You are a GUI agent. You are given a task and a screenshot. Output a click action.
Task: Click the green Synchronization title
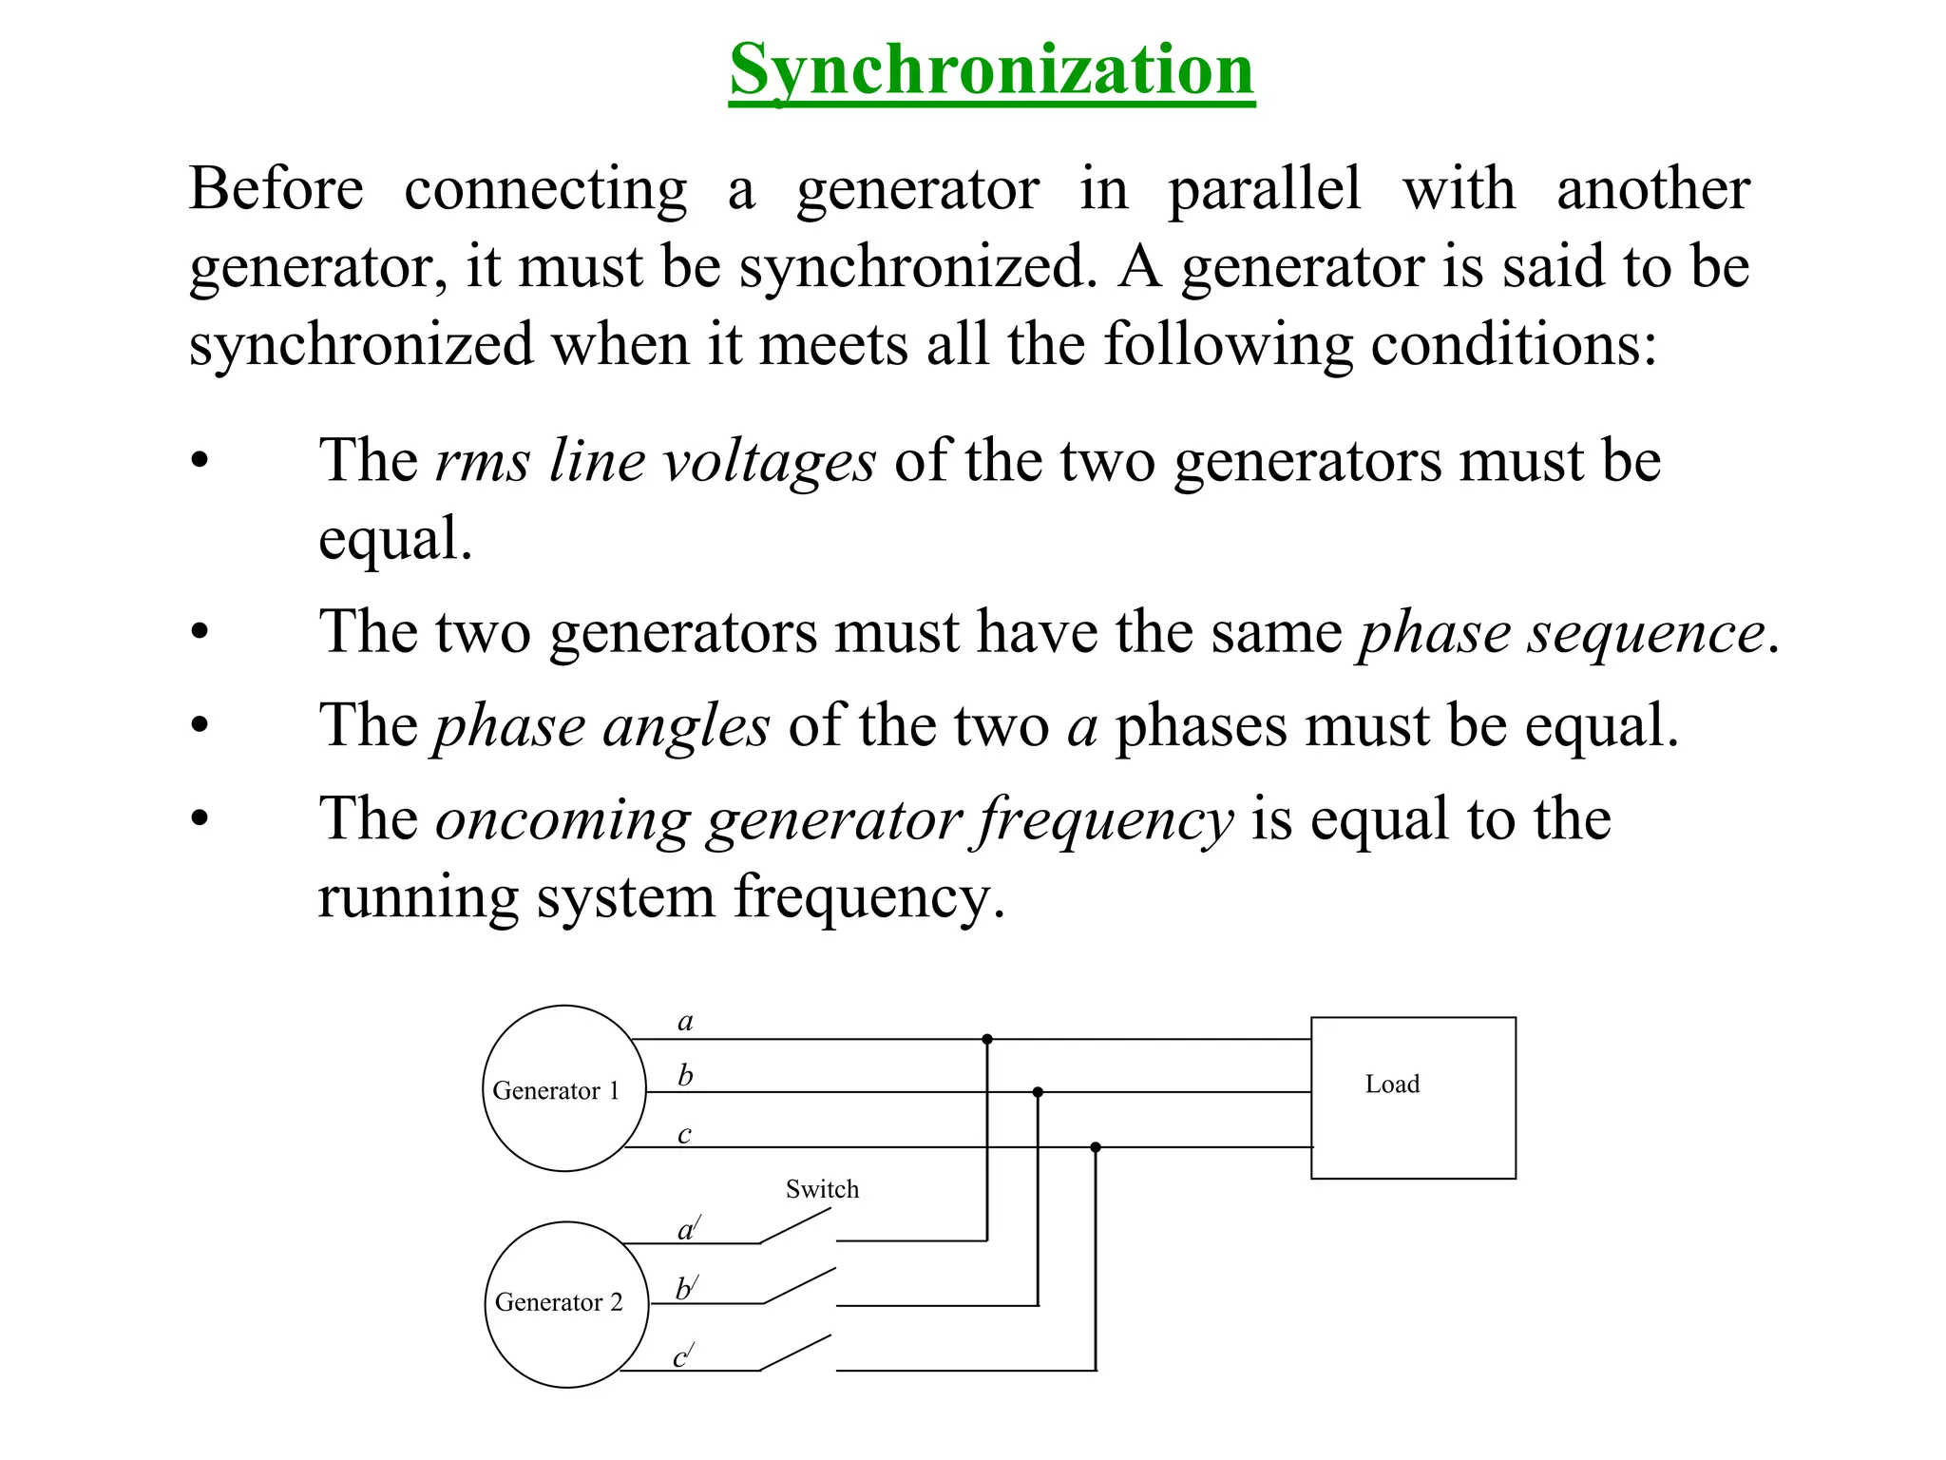[992, 70]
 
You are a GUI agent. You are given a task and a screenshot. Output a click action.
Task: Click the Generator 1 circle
[563, 1088]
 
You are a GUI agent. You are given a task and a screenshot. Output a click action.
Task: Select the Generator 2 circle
[566, 1304]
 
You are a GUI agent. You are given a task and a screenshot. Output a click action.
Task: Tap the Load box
[1412, 1098]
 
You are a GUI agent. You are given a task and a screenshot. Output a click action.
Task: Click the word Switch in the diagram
[822, 1189]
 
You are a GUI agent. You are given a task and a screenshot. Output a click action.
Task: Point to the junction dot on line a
[987, 1039]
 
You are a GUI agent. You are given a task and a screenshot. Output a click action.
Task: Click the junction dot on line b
[1038, 1092]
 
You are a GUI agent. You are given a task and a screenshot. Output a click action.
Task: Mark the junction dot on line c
[1096, 1147]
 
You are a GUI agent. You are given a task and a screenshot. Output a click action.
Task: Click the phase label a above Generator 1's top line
[685, 1022]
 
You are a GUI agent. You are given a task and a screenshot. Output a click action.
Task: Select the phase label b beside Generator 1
[685, 1076]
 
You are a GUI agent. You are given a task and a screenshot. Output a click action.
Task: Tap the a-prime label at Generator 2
[688, 1229]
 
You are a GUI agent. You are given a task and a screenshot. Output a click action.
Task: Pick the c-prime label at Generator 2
[683, 1356]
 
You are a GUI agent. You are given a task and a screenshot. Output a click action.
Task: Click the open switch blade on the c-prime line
[796, 1353]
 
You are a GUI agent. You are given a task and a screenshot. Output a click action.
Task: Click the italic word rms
[483, 462]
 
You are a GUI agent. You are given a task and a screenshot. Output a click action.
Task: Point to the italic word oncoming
[562, 819]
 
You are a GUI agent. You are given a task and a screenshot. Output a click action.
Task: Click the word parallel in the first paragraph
[1264, 188]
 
